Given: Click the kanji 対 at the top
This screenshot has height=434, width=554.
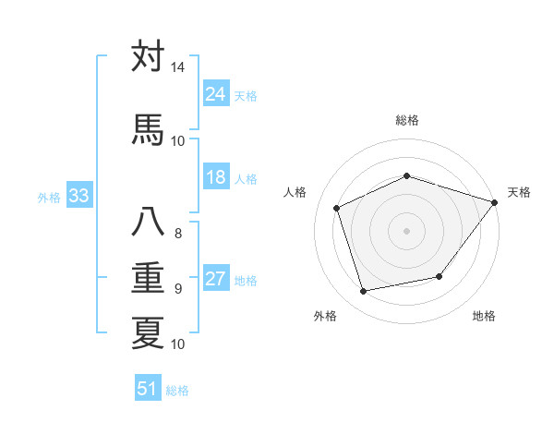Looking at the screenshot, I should coord(148,57).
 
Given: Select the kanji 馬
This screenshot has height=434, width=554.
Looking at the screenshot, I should coord(148,128).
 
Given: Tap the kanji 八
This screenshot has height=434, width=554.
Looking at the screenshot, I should coord(148,222).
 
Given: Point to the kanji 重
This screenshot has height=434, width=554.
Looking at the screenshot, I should coord(148,277).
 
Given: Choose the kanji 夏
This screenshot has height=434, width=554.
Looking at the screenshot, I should coord(148,332).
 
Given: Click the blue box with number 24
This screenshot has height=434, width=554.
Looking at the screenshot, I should coord(215,94).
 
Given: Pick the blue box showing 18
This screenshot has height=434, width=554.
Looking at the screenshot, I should coord(215,177).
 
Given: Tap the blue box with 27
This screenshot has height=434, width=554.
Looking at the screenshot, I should coord(215,280).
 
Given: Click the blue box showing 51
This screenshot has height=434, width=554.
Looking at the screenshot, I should coord(147,390).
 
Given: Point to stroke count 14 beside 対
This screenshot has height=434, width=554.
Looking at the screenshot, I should coord(177,67).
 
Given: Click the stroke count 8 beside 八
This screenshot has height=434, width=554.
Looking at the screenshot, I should coord(177,233).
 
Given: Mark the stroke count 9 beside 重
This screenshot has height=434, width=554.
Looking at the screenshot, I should coord(177,289).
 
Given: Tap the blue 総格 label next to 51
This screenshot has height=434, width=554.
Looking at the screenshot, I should coord(177,391).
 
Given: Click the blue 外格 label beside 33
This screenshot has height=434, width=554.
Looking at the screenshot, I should coord(49,197).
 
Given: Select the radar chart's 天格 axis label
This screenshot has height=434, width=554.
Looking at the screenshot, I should coord(519,192).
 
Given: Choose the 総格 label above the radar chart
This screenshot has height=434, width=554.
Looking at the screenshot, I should coord(406,120).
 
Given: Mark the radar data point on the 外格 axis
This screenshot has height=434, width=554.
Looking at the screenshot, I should coord(363,292).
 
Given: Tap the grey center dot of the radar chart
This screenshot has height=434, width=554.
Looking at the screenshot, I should coord(406,231).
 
